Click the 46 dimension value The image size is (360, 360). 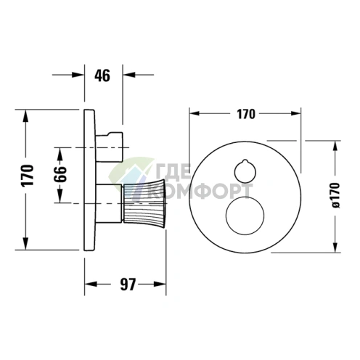[102, 75]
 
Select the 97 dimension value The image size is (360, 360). [128, 285]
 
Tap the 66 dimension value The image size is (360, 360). [60, 174]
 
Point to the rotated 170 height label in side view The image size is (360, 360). [27, 175]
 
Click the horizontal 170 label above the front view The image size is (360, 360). [246, 114]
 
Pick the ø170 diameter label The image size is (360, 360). [335, 195]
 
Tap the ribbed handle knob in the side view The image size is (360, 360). [144, 202]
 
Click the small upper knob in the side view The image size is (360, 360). [110, 147]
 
